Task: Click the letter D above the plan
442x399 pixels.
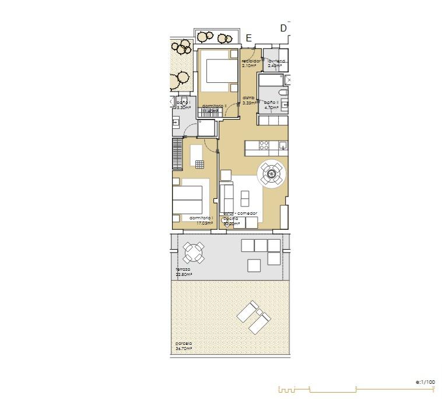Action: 283,28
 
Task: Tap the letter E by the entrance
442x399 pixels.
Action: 248,38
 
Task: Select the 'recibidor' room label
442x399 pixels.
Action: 250,61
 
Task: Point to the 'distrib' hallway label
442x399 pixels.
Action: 248,97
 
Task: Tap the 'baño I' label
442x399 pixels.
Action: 184,103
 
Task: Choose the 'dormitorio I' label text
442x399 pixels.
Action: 201,218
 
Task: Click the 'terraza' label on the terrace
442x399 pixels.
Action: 183,269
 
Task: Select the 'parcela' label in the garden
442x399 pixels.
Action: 183,343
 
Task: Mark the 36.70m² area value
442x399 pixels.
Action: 184,348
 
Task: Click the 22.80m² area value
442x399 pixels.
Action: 184,274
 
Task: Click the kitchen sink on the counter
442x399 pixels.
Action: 282,145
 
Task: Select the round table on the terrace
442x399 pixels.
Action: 193,253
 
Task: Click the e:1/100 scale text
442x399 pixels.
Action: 425,382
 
